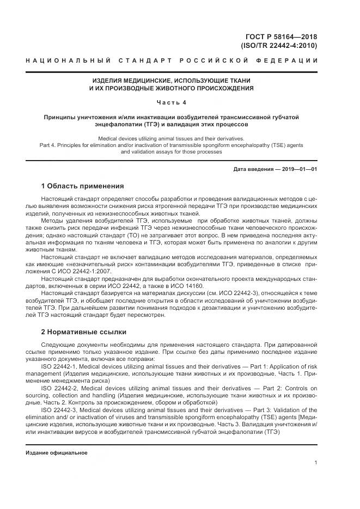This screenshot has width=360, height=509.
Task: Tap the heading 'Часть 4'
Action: click(x=172, y=102)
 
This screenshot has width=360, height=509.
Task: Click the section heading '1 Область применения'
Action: click(x=82, y=186)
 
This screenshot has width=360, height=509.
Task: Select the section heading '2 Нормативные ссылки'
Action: click(x=83, y=331)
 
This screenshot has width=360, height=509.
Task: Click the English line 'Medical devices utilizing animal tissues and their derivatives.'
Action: click(x=172, y=139)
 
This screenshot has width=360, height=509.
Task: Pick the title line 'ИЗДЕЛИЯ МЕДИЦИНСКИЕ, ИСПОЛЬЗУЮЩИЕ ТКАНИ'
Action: click(x=172, y=80)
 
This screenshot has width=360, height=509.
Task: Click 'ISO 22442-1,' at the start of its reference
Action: click(x=59, y=366)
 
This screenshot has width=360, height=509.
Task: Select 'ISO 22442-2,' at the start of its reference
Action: click(x=59, y=388)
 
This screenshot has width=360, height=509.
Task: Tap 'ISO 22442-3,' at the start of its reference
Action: click(x=59, y=409)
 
